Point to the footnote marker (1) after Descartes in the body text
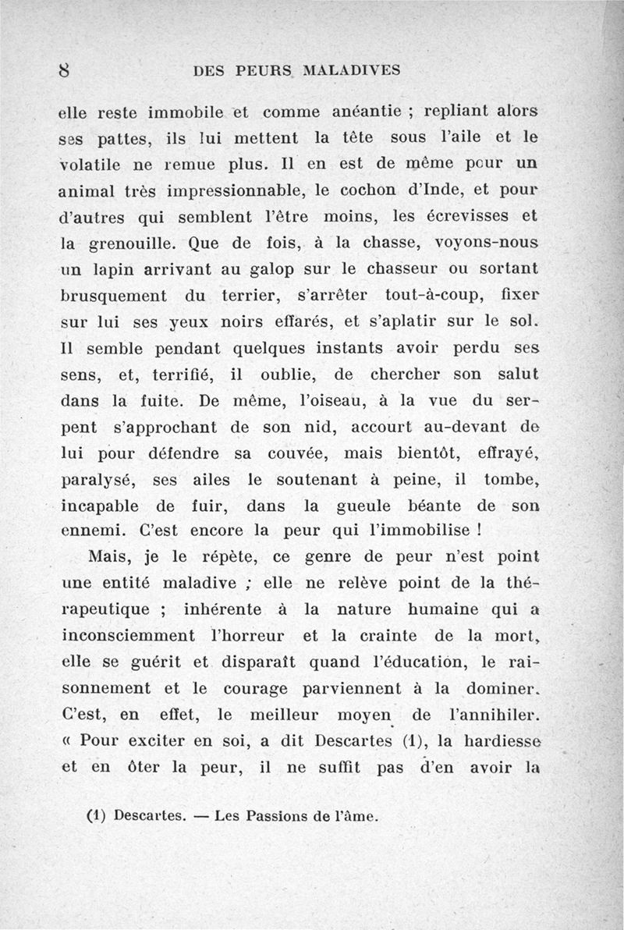point(409,742)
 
